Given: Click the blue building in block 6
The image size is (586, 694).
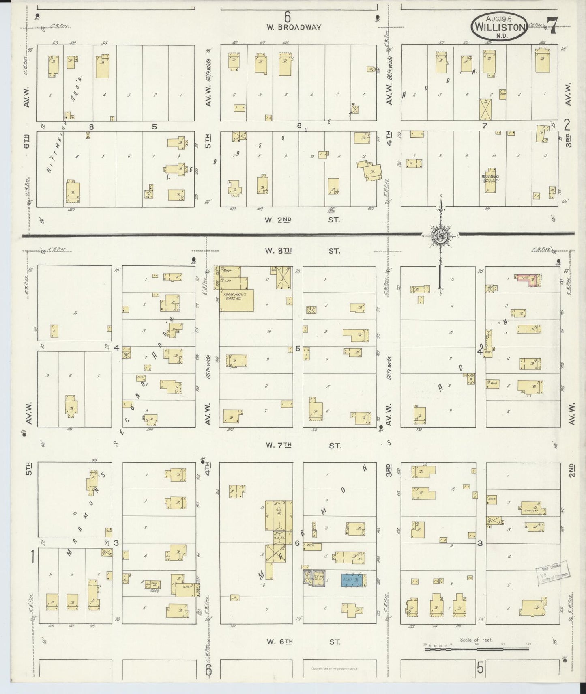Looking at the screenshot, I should coord(352,580).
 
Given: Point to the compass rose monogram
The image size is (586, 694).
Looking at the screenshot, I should coord(440,235).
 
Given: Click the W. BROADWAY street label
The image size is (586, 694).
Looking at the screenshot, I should coord(294,27).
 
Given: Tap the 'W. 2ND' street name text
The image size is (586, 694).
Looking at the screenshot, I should coord(278,220).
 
